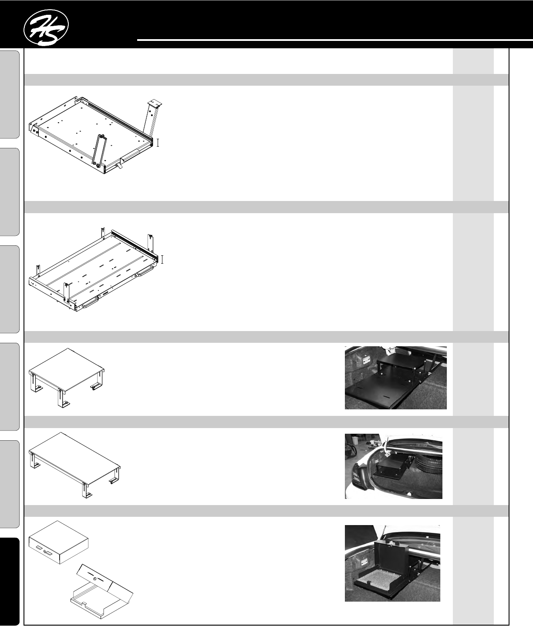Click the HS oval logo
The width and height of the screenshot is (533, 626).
click(x=46, y=27)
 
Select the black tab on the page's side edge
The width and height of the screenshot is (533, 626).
click(x=10, y=581)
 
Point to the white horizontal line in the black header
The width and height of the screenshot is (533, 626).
click(x=335, y=40)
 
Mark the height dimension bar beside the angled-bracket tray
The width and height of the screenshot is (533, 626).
click(x=158, y=143)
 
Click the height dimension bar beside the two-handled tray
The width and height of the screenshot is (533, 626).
click(x=162, y=260)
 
